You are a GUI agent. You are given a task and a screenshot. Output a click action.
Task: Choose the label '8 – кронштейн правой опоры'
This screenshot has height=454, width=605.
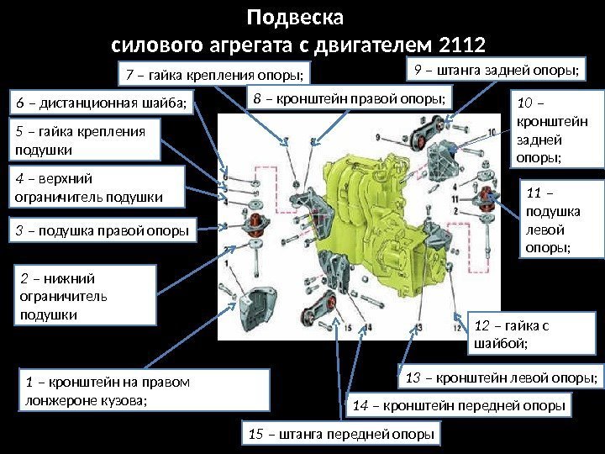click(x=349, y=100)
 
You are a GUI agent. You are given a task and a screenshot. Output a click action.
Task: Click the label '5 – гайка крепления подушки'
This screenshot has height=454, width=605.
click(x=87, y=140)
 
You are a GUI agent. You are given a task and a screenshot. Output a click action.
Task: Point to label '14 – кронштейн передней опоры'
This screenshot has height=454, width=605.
click(x=456, y=407)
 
